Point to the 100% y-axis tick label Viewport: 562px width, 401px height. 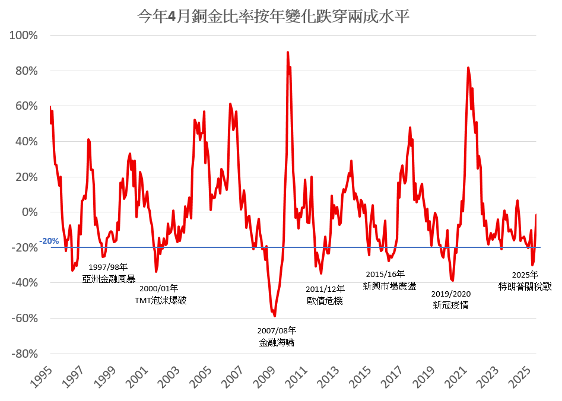(24, 36)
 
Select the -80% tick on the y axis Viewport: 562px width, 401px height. (24, 354)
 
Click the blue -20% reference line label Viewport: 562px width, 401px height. (49, 241)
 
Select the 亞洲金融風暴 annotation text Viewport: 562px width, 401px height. (109, 278)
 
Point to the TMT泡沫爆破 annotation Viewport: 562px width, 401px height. (161, 300)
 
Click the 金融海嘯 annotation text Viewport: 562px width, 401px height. (277, 342)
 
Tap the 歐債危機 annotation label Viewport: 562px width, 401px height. (325, 300)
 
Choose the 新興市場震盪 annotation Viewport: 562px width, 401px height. (389, 286)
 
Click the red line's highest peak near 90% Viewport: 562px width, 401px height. (288, 52)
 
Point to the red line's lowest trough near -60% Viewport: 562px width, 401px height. (275, 316)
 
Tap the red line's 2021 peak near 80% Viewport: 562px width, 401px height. (468, 68)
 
